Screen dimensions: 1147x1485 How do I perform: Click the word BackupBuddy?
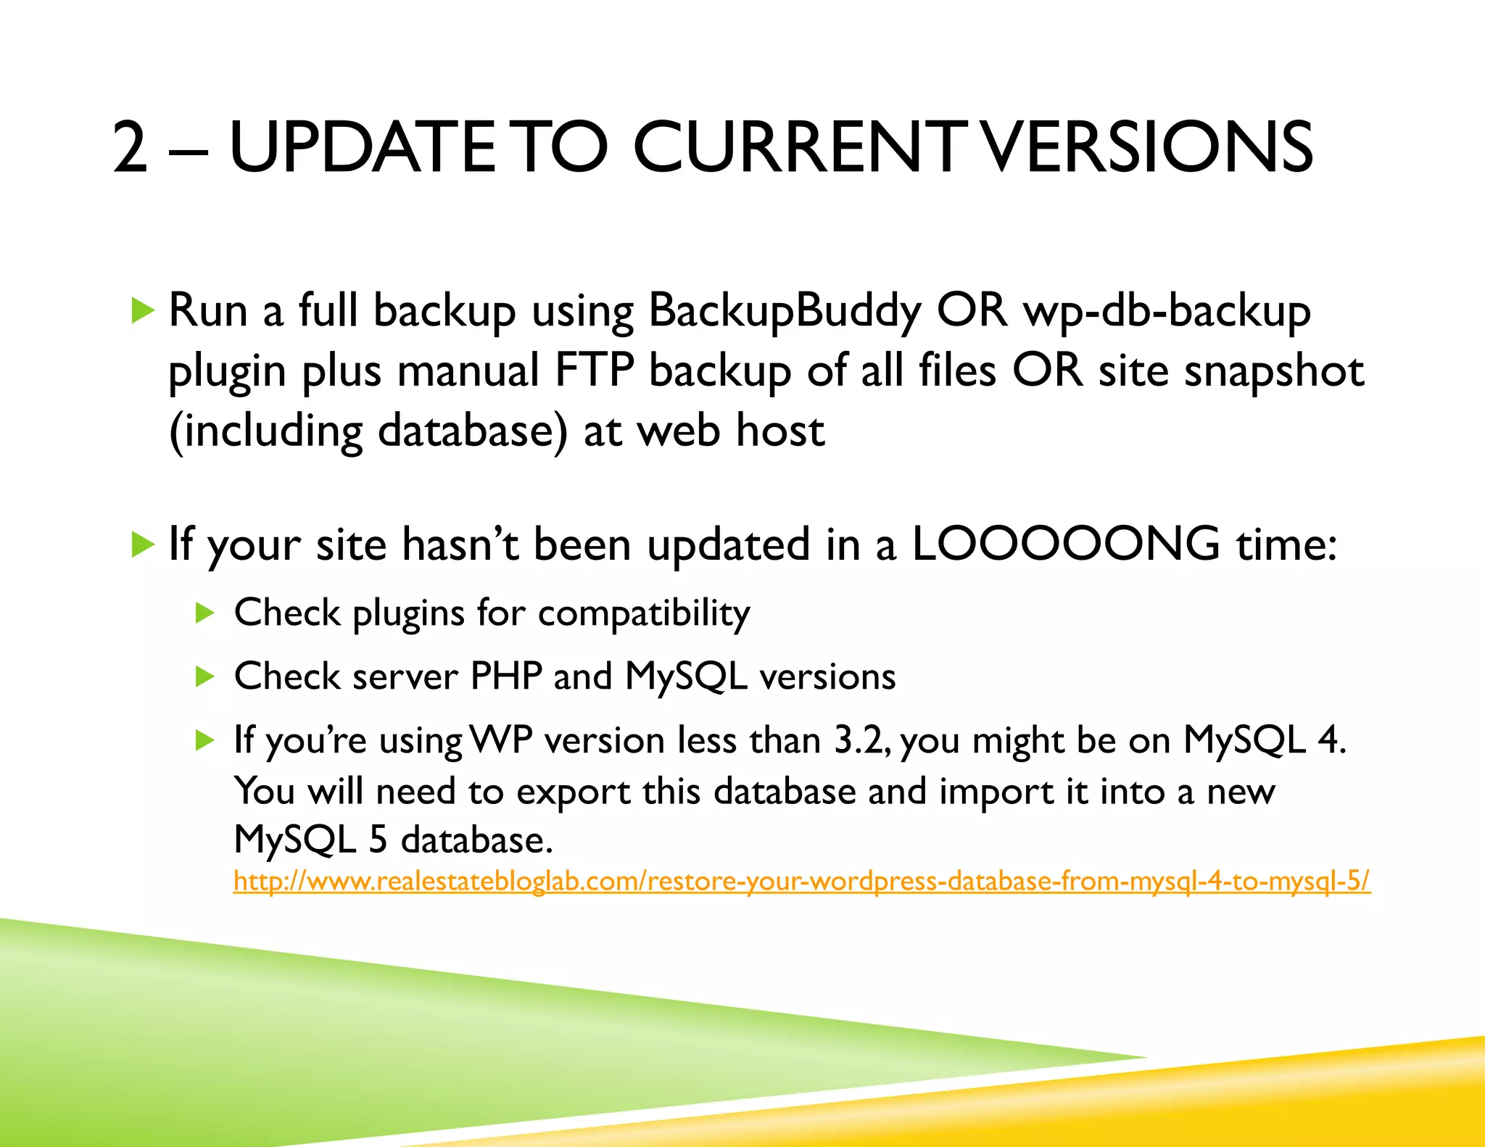[x=784, y=312]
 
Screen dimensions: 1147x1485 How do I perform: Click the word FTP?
[x=594, y=370]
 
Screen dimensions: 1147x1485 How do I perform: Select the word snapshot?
[x=1274, y=370]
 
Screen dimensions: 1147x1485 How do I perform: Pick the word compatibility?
[x=644, y=614]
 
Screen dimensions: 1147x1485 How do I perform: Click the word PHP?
[x=506, y=676]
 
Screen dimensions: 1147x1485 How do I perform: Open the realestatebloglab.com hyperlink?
[x=801, y=881]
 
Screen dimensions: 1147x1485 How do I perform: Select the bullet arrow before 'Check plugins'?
[x=205, y=613]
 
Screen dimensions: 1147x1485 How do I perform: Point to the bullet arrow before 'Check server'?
[x=205, y=677]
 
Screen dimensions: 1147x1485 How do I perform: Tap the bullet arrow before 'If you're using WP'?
[x=205, y=740]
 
